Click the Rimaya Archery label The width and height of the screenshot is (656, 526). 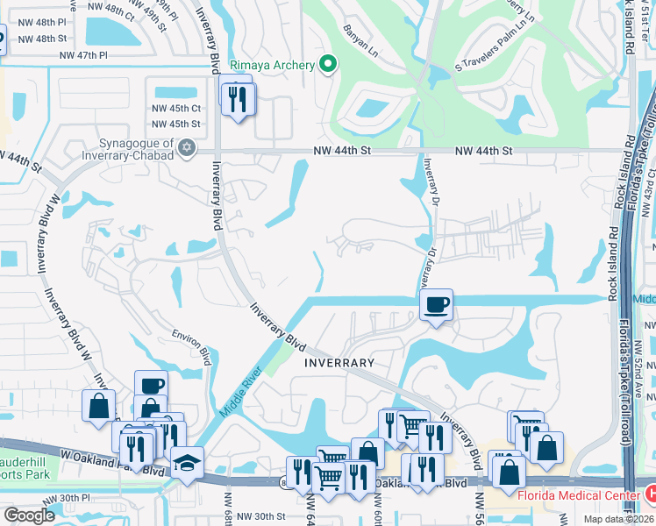point(273,64)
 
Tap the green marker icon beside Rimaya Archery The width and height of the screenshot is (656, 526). point(328,64)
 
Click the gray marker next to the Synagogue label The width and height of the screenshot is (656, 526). point(186,148)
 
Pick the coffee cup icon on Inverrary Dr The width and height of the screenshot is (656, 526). point(436,305)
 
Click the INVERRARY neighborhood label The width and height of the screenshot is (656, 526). point(339,362)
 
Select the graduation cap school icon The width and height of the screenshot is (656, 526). point(187,462)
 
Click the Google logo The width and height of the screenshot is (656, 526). point(29,515)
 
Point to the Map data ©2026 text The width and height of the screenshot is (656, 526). point(617,519)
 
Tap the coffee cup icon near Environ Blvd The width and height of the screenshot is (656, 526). point(151,386)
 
